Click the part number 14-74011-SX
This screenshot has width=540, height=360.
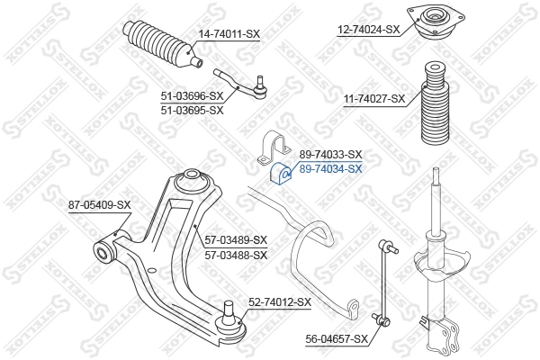(229, 34)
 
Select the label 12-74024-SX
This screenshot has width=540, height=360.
(368, 29)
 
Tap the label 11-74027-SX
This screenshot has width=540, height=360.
(373, 99)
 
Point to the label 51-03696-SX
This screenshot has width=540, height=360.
(191, 95)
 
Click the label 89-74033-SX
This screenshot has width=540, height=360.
(330, 155)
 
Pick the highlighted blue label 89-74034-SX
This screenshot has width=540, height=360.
(330, 168)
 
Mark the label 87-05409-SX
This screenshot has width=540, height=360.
(100, 205)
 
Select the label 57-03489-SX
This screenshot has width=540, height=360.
(236, 239)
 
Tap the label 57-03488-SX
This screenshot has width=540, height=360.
(236, 255)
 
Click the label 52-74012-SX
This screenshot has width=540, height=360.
(279, 301)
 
